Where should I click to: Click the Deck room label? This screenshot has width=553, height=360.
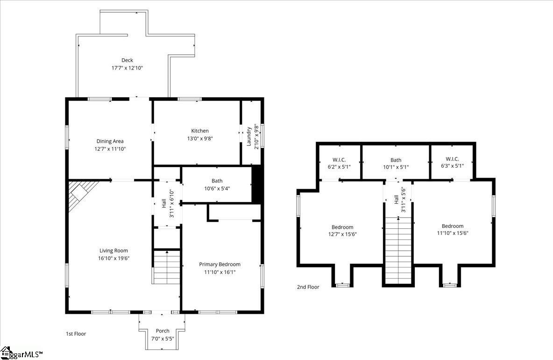point(127,60)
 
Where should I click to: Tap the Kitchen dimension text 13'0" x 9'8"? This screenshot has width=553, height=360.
point(200,139)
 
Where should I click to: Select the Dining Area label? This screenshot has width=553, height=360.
point(110,141)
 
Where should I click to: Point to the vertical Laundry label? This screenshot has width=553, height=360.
point(248,136)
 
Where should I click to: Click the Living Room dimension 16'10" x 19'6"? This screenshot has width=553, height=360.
point(114,258)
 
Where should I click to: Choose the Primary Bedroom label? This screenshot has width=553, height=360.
point(220,264)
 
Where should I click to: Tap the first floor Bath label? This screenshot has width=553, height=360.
point(217,181)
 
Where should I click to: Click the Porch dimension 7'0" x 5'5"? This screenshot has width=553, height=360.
point(163,339)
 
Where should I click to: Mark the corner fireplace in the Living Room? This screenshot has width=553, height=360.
point(79,195)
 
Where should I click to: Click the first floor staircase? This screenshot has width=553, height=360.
point(167,267)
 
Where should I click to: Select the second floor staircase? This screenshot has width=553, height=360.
point(398,250)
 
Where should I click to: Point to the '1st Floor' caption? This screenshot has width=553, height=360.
point(76,333)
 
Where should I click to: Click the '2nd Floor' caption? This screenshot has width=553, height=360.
point(308,287)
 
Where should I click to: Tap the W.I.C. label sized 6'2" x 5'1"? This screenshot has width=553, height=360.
point(339,160)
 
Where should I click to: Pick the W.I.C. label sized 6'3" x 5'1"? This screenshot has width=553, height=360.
point(452,159)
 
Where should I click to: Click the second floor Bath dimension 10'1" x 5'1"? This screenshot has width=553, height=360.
point(396,167)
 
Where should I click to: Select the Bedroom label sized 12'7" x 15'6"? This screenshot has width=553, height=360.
point(342,227)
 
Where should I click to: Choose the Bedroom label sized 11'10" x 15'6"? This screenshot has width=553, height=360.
point(453,226)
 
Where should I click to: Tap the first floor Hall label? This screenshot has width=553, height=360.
point(164,204)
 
